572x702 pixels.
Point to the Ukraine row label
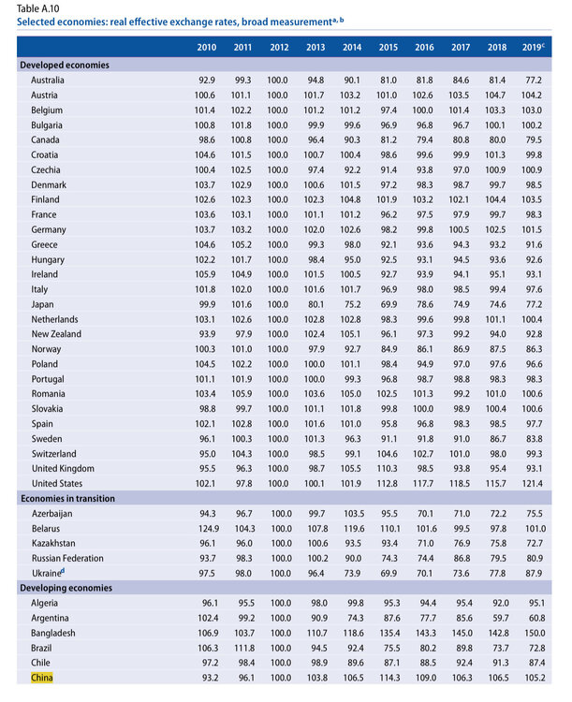pos(48,572)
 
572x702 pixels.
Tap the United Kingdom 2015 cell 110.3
pos(388,467)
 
